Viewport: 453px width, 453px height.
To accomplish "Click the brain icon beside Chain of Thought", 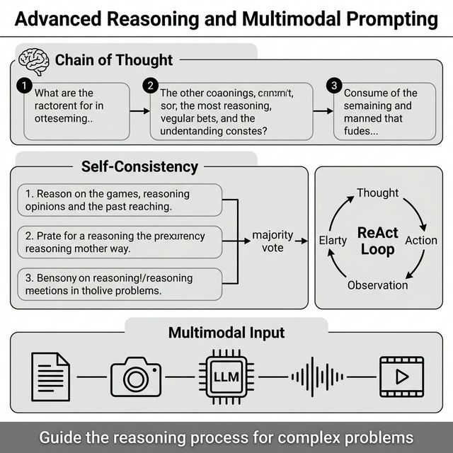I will [33, 59].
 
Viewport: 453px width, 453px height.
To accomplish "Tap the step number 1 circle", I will [24, 86].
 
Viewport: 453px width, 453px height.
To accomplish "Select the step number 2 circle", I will [149, 86].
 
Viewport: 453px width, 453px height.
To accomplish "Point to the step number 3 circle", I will [334, 86].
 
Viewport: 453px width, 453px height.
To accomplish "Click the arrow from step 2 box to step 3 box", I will [324, 111].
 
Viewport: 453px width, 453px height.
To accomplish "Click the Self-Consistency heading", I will [139, 167].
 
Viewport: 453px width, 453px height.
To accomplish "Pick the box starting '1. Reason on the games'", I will [119, 200].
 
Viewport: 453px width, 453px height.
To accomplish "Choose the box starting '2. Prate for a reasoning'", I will [119, 243].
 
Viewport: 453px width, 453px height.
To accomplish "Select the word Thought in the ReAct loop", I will [377, 193].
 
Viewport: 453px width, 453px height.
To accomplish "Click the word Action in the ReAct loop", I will [420, 241].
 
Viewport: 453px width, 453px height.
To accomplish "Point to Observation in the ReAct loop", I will [377, 285].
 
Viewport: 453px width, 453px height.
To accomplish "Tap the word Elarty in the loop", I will [333, 241].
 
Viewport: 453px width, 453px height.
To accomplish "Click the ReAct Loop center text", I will [377, 241].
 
